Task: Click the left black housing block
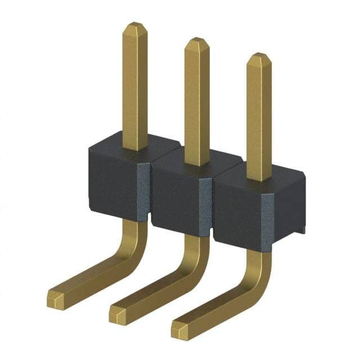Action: pyautogui.click(x=112, y=180)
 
